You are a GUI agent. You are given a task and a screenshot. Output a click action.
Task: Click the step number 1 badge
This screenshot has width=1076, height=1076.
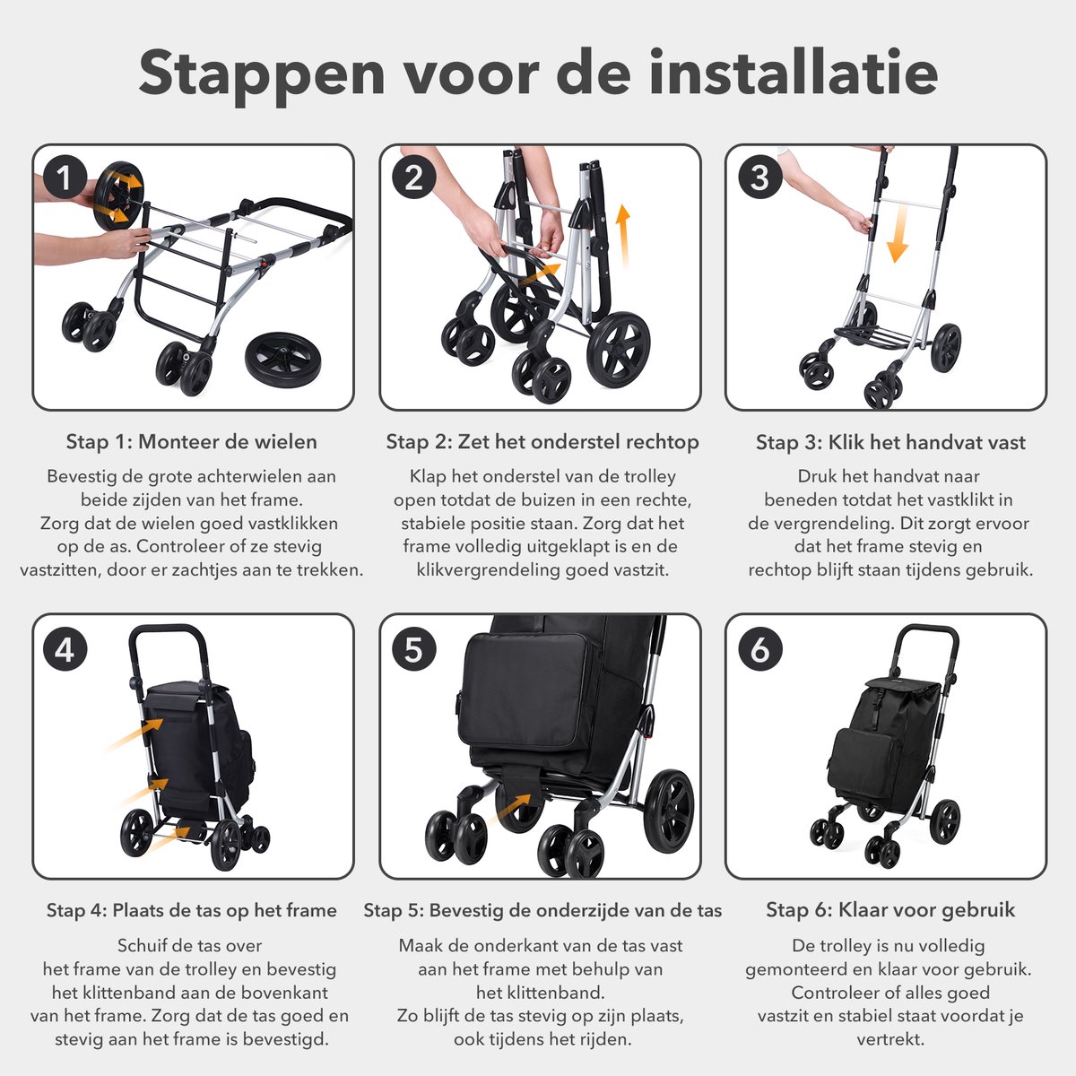pos(65,178)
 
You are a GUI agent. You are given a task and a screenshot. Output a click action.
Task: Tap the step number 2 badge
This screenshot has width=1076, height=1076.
pos(413,178)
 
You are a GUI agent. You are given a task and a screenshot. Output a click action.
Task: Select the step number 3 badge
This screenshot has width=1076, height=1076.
pos(760,178)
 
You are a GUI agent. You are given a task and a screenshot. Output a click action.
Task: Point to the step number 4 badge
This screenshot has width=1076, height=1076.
pos(65,649)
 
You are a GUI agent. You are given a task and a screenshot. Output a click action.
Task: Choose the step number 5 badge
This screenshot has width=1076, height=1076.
pos(413,649)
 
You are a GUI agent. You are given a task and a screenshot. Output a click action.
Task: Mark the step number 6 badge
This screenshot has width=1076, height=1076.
pos(760,649)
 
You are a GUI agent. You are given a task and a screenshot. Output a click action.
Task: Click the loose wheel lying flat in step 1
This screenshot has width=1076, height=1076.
pos(282,359)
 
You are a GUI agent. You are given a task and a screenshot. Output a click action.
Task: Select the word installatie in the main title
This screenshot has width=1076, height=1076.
pos(794,74)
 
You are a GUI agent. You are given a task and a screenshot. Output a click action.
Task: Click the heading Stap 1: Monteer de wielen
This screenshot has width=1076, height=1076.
pos(192,442)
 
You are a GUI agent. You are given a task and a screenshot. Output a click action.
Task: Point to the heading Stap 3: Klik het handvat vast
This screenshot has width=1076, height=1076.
pos(890,442)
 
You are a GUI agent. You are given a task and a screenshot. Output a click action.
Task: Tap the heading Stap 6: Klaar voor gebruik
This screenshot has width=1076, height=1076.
pos(890,909)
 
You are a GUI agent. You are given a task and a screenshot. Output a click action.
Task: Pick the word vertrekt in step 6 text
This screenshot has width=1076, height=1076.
pos(890,1039)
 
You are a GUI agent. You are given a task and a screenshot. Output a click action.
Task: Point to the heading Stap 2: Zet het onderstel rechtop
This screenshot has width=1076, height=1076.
pos(542,442)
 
